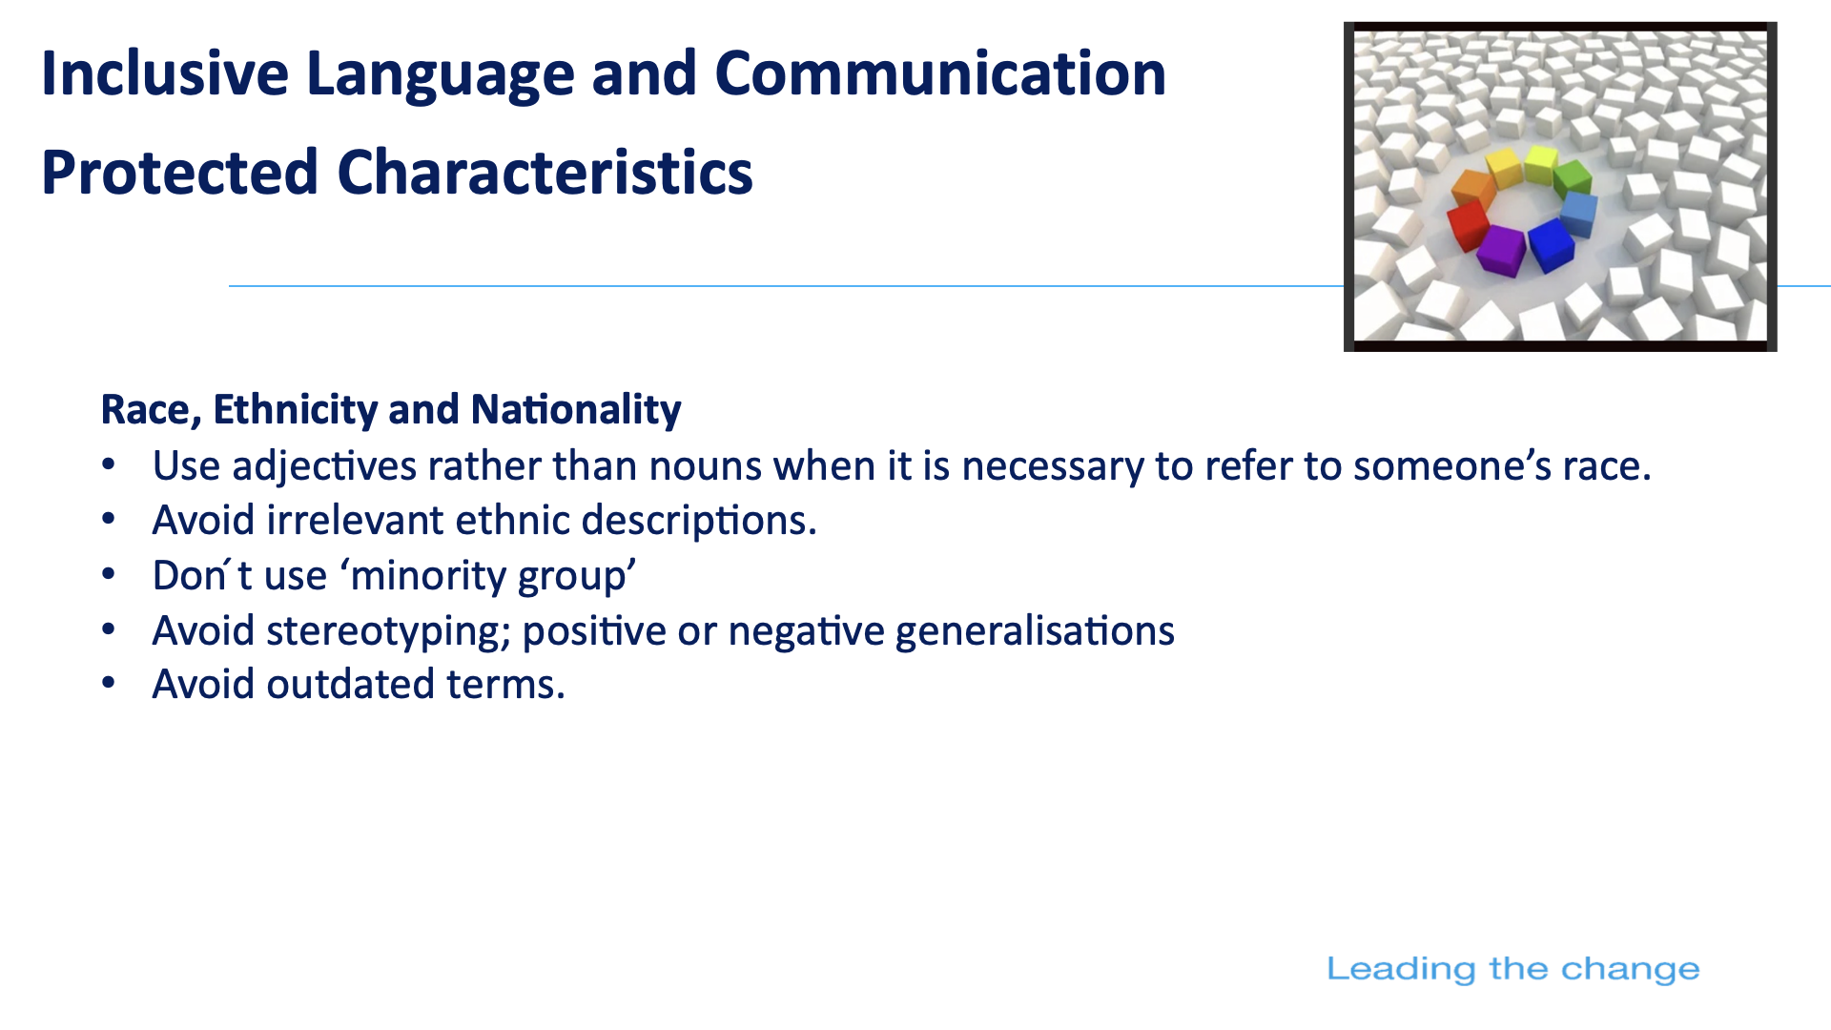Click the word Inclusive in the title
(165, 73)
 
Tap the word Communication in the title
(940, 73)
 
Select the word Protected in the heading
(179, 173)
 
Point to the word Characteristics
(545, 173)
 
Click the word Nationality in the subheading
(576, 410)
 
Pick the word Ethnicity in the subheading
(296, 410)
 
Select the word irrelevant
(355, 521)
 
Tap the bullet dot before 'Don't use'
(109, 575)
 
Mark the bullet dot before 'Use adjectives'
(109, 465)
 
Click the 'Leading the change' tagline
(1512, 969)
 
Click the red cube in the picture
(1468, 225)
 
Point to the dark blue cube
(1551, 244)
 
